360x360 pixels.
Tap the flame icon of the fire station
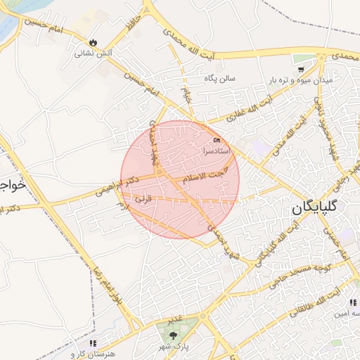(94, 41)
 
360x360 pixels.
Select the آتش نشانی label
(94, 53)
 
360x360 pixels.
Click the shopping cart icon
(301, 69)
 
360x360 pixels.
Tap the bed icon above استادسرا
(217, 141)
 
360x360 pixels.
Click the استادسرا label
(217, 150)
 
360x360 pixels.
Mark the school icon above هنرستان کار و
(92, 342)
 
